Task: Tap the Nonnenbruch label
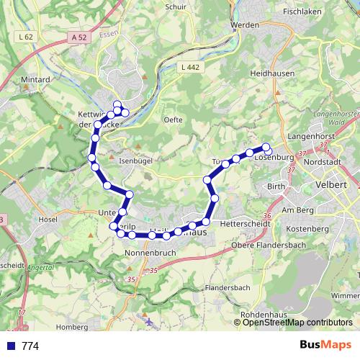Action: click(x=151, y=254)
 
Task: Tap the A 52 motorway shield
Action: click(x=80, y=37)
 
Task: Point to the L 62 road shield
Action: click(x=27, y=36)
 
